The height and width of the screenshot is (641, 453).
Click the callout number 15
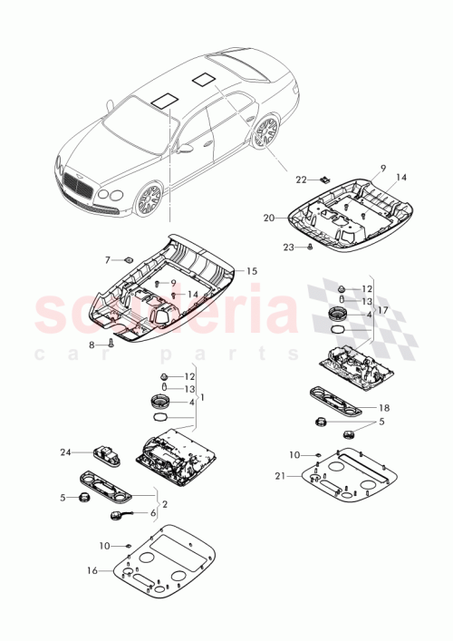pyautogui.click(x=252, y=271)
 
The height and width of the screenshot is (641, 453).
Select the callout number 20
pyautogui.click(x=267, y=218)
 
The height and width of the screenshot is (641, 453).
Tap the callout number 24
pyautogui.click(x=65, y=451)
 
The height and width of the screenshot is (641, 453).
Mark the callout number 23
pyautogui.click(x=287, y=247)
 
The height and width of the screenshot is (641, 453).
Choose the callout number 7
pyautogui.click(x=108, y=260)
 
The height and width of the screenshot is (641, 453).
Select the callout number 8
pyautogui.click(x=92, y=345)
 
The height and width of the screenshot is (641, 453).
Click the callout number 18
pyautogui.click(x=383, y=409)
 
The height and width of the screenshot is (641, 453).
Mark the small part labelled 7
pyautogui.click(x=128, y=259)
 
